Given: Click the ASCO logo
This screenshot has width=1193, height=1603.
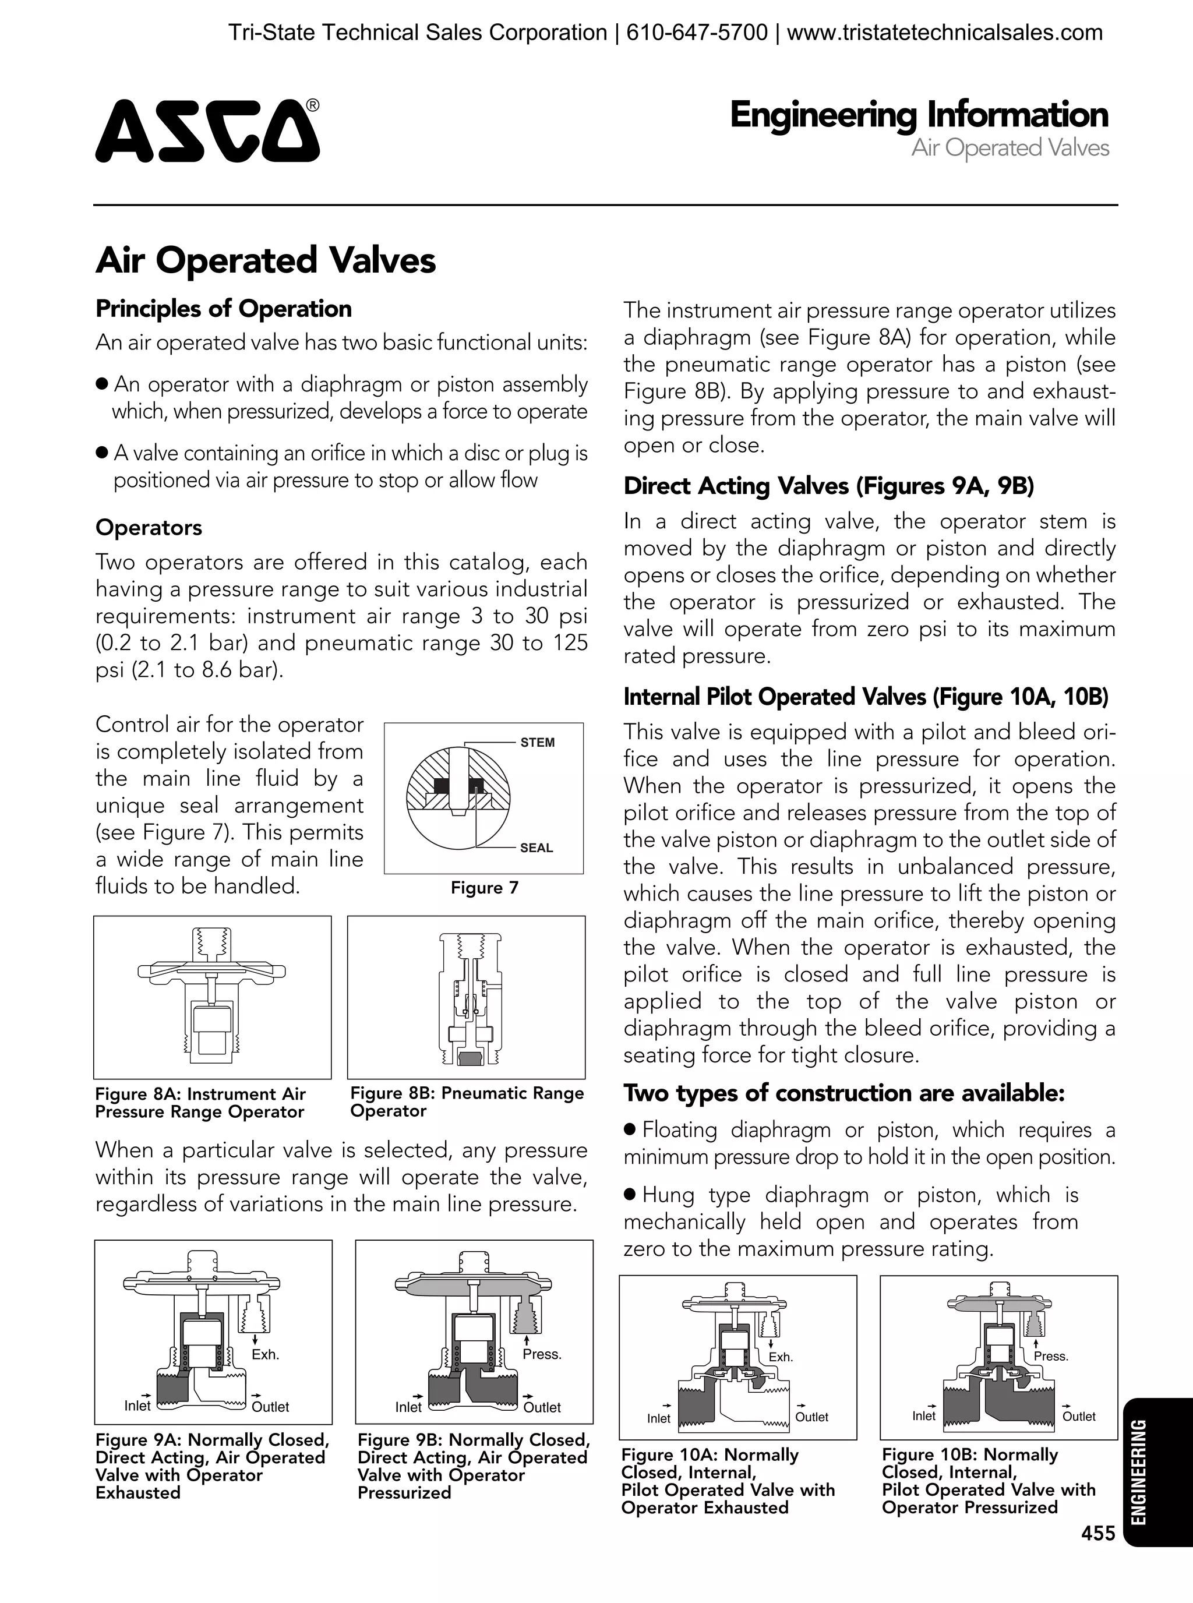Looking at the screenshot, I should pyautogui.click(x=207, y=130).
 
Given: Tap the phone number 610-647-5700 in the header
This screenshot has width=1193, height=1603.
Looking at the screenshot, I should pyautogui.click(x=696, y=33).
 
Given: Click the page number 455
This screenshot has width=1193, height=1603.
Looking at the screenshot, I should pyautogui.click(x=1097, y=1553).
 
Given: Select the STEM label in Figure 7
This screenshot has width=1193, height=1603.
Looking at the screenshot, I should pyautogui.click(x=537, y=742).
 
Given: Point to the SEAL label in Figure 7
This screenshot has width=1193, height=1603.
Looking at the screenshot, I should pyautogui.click(x=536, y=848).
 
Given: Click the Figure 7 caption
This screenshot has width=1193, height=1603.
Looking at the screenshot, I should pyautogui.click(x=485, y=888).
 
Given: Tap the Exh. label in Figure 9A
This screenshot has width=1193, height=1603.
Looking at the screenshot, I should pyautogui.click(x=265, y=1355).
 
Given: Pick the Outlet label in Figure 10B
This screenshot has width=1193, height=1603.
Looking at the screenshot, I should pyautogui.click(x=1078, y=1417).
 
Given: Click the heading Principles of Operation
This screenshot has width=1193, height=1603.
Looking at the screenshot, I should pyautogui.click(x=223, y=309).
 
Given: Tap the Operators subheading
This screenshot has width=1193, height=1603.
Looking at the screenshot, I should pyautogui.click(x=149, y=527).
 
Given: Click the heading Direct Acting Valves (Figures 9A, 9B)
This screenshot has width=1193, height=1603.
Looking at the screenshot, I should pyautogui.click(x=828, y=486).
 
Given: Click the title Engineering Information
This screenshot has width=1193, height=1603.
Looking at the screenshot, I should pyautogui.click(x=919, y=115).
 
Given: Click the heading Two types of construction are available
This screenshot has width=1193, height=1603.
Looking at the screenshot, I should pyautogui.click(x=844, y=1093).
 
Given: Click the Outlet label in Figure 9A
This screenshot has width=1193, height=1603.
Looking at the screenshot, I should pyautogui.click(x=270, y=1407).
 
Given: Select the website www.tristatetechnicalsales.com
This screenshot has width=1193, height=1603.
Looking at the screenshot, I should pyautogui.click(x=945, y=33).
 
